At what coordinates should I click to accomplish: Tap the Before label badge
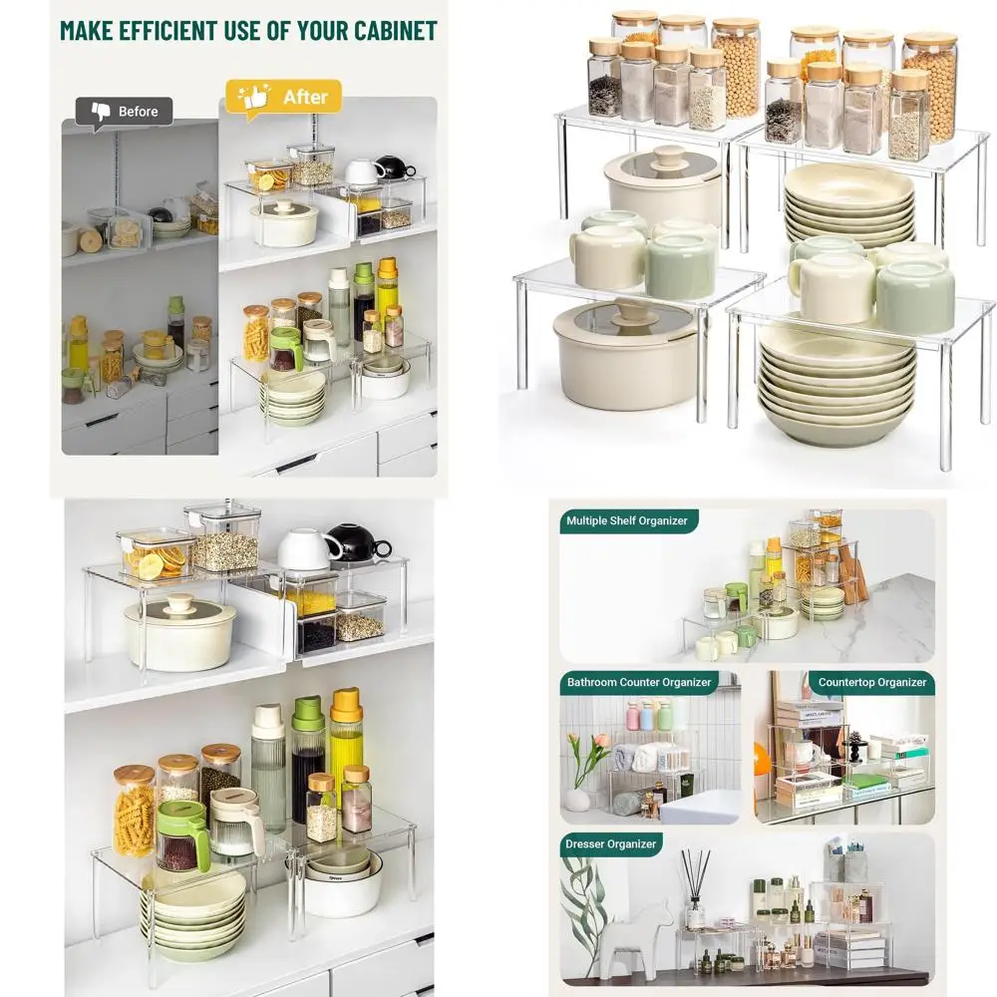click(125, 112)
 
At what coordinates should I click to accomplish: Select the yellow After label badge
click(283, 97)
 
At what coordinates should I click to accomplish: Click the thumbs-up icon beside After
click(254, 97)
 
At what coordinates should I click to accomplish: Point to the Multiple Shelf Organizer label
click(627, 520)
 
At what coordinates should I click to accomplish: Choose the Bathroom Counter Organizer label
click(639, 683)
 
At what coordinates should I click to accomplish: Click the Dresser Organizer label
click(612, 844)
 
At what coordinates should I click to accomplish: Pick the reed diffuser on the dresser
click(694, 892)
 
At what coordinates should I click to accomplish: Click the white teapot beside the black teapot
click(310, 549)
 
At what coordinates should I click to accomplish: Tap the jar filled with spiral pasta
click(134, 812)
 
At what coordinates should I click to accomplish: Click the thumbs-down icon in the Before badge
click(101, 111)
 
